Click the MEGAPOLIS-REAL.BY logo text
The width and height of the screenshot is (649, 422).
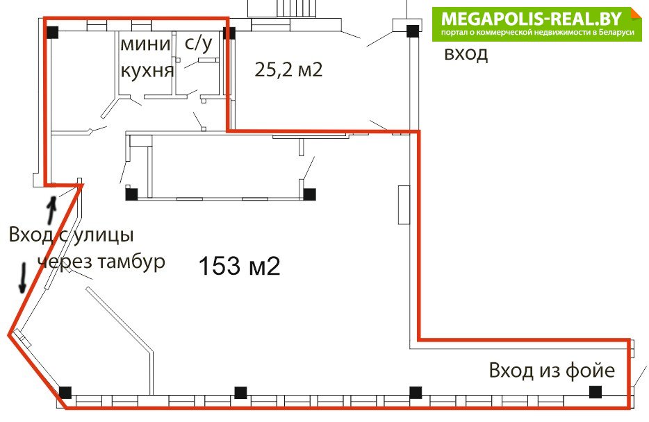click(x=532, y=19)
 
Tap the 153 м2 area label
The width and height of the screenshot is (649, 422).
click(x=240, y=266)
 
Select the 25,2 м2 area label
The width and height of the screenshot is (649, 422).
click(x=288, y=69)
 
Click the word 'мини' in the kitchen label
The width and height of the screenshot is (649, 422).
click(x=145, y=44)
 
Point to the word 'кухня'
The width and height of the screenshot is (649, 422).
click(x=147, y=71)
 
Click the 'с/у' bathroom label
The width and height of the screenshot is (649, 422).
click(x=199, y=44)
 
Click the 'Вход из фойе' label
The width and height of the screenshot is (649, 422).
click(x=552, y=370)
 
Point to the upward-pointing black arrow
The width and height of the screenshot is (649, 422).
click(x=51, y=210)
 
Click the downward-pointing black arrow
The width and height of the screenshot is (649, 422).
click(x=24, y=278)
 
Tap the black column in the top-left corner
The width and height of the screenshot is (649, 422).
click(x=52, y=32)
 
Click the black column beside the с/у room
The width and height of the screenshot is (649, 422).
click(x=229, y=33)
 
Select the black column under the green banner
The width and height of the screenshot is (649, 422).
click(x=413, y=31)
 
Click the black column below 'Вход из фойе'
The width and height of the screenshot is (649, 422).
click(x=595, y=392)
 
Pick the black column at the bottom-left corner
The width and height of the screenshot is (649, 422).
click(x=65, y=393)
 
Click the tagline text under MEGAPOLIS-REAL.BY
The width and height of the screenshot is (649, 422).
click(x=537, y=33)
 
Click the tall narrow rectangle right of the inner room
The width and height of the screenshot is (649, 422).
click(x=404, y=205)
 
